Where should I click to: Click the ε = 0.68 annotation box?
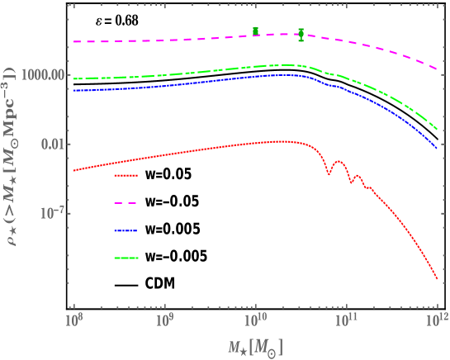click(x=116, y=19)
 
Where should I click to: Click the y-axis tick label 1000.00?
click(x=45, y=74)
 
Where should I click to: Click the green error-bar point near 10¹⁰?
click(x=256, y=31)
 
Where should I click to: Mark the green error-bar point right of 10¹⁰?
click(x=301, y=34)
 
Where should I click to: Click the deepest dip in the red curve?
click(x=328, y=174)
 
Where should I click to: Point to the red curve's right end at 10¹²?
click(x=436, y=281)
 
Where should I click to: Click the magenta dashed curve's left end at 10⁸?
click(x=74, y=41)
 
